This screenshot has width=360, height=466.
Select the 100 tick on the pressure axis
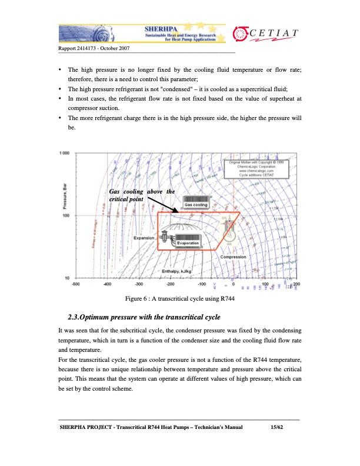66,216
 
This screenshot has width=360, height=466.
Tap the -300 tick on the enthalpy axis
139,284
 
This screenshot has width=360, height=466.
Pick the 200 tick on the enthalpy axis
296,284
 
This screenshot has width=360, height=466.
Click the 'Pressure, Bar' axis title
64,192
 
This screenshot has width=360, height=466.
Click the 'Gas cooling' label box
196,204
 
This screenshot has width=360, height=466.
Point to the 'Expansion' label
144,238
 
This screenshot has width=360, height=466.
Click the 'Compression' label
233,257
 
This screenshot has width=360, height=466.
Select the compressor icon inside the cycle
226,227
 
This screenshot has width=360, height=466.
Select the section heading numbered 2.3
145,318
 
